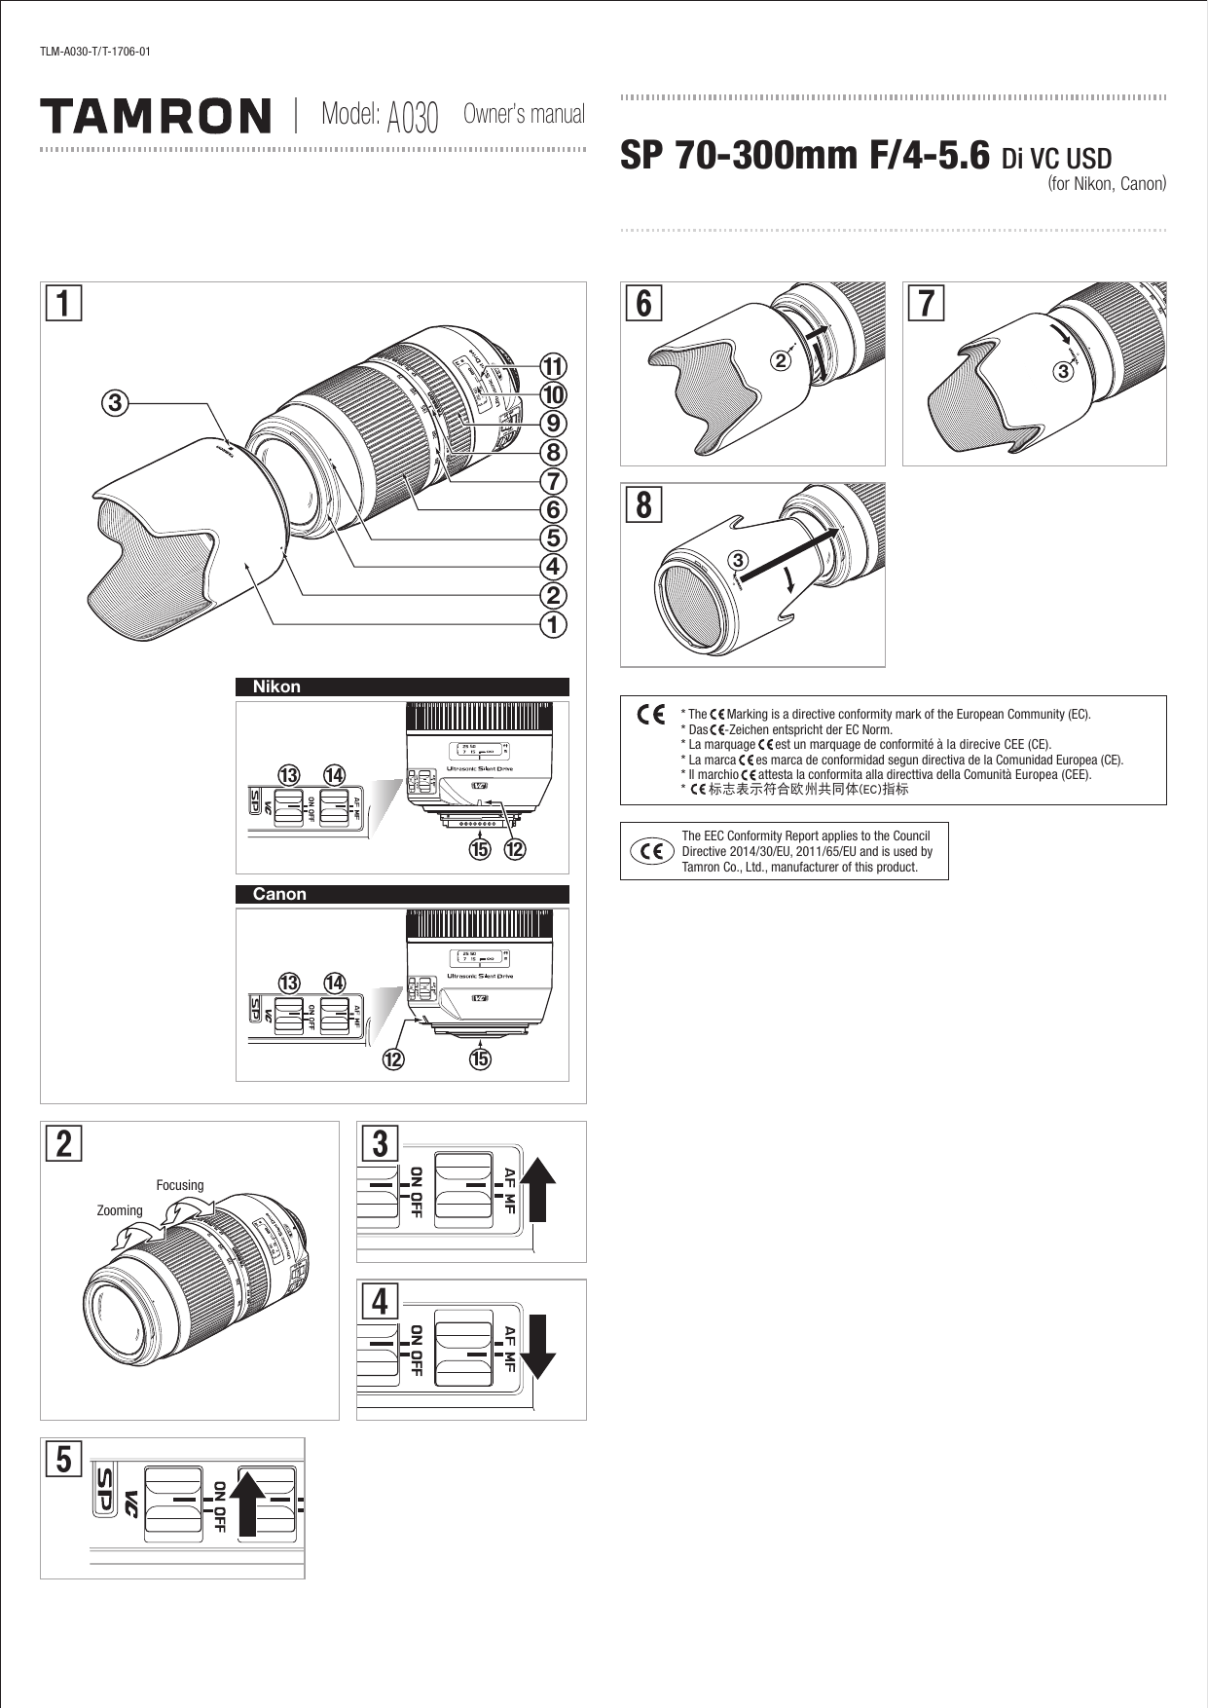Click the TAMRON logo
pos(156,115)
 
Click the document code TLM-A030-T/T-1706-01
pos(94,51)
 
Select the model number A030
pos(413,118)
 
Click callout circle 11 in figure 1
pos(553,367)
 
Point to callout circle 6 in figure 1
pos(553,509)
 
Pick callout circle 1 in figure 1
pos(553,623)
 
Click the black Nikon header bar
pos(402,687)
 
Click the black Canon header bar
pos(402,894)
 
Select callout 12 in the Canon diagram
pos(393,1058)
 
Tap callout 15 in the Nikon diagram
pos(480,849)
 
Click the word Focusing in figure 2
pos(180,1185)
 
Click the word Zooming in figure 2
pos(120,1210)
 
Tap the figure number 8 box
pos(643,505)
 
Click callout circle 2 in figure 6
pos(779,360)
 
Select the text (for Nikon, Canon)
pos(1106,184)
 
